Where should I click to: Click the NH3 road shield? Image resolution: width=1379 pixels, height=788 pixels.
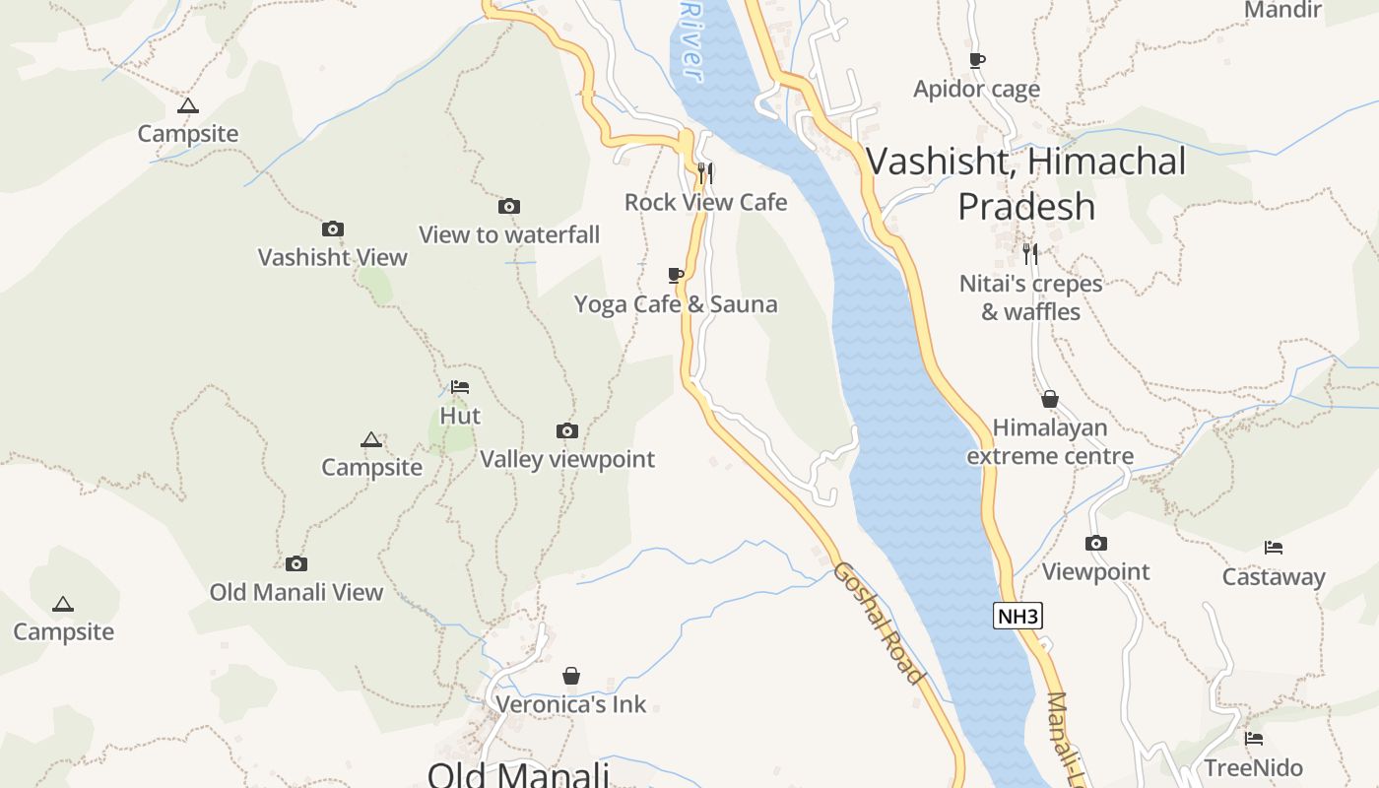(x=1018, y=617)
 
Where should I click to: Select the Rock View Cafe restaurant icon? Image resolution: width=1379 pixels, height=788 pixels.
(x=705, y=173)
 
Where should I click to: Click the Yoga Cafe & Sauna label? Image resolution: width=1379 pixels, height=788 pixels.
(x=676, y=304)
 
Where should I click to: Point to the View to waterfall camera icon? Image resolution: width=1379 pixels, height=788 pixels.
(x=509, y=206)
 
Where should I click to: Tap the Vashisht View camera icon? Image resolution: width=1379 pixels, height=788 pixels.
(x=333, y=230)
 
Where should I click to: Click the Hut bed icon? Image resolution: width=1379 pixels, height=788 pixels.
(x=460, y=387)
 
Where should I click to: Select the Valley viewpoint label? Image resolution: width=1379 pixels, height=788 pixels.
(x=567, y=459)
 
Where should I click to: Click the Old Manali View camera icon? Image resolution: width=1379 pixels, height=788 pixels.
(x=296, y=564)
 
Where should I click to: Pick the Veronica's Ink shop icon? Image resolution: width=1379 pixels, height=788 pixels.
(x=571, y=676)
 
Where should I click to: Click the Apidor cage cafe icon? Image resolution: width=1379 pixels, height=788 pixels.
(x=977, y=61)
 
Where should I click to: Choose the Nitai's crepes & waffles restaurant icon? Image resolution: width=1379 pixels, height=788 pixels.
(x=1030, y=253)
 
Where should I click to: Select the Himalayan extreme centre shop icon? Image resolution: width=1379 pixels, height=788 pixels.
(x=1050, y=399)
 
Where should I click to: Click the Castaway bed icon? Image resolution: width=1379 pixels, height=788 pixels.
(x=1274, y=548)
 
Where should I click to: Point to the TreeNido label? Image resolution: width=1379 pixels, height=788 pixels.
(x=1254, y=767)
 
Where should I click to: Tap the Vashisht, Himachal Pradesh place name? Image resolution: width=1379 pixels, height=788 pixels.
(x=1025, y=183)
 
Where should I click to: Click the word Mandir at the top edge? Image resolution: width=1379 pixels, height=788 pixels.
(x=1282, y=10)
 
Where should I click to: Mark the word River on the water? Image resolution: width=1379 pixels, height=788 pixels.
(x=692, y=39)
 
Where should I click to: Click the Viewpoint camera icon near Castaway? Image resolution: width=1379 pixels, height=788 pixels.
(x=1096, y=544)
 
